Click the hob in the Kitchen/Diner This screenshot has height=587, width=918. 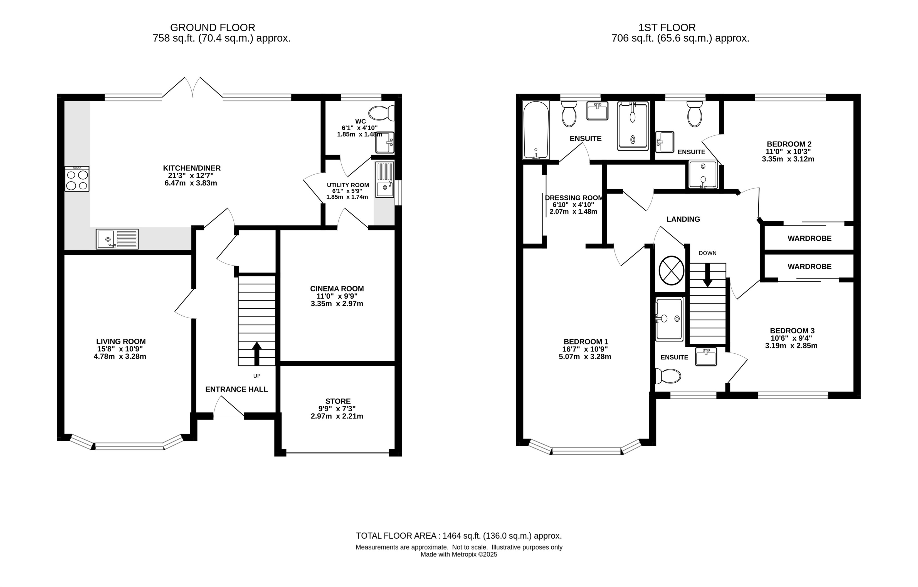pos(77,179)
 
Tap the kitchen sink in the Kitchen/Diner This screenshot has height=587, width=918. pos(117,239)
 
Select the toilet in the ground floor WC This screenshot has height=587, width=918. pos(381,113)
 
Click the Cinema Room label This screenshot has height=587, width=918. pos(337,289)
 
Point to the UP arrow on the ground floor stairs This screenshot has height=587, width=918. pos(257,354)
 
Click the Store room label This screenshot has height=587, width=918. pos(338,401)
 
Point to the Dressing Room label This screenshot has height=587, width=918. pos(574,198)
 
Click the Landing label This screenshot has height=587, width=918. pos(683,219)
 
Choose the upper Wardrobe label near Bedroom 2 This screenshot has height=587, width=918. pos(809,239)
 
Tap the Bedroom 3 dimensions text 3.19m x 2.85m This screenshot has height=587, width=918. pos(791,346)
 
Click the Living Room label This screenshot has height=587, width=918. pos(121,341)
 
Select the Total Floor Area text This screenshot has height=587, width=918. pos(459,536)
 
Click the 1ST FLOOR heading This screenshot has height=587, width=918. pos(667,28)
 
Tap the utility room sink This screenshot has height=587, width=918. pos(385,180)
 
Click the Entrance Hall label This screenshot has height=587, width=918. pos(236,389)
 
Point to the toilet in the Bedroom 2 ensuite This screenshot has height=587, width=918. pos(695,114)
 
